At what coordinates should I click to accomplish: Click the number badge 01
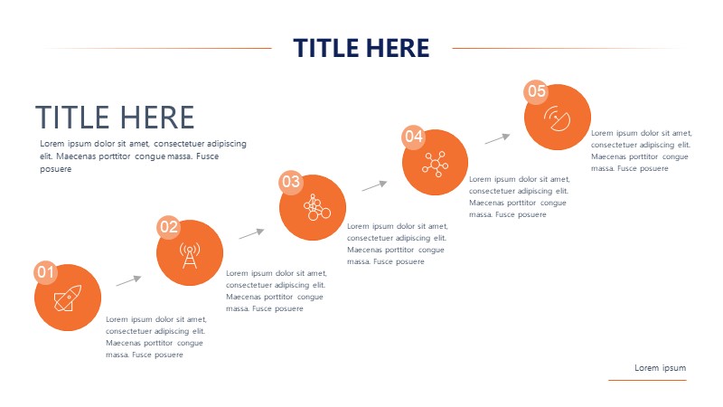point(46,272)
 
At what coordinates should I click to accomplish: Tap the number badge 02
point(169,227)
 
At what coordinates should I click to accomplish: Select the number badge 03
point(291,182)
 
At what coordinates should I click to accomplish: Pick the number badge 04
point(414,137)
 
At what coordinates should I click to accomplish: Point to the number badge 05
point(536,91)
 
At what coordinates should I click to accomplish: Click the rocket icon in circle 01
point(68,298)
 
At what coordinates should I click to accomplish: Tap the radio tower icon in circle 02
point(190,255)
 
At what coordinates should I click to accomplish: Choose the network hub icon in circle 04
point(435,164)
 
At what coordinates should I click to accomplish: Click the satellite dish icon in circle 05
point(557,118)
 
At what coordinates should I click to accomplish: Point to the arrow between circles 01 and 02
point(128,280)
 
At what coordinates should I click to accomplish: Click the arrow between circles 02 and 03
point(252,233)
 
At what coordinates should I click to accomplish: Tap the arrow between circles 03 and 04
point(374,186)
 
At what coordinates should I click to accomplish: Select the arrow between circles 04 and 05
point(498,139)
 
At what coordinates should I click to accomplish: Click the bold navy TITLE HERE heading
point(361,48)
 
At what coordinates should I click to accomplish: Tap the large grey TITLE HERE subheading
point(115,117)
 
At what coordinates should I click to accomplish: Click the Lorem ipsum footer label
point(661,368)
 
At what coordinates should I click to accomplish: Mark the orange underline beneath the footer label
point(647,380)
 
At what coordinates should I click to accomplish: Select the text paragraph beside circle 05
point(642,150)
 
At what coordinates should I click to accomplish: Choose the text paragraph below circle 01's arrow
point(156,336)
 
